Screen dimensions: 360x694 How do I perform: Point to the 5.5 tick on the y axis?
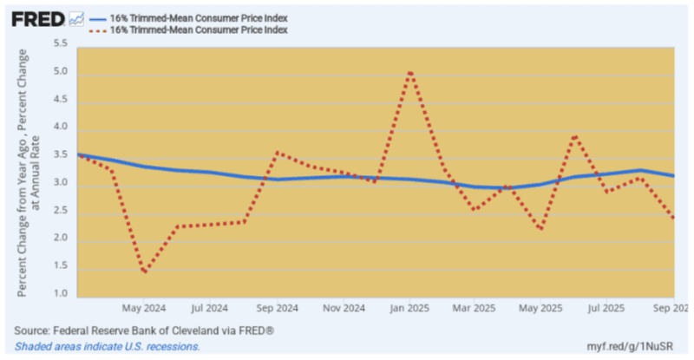pos(61,43)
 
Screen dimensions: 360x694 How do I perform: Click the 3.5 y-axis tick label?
pos(61,155)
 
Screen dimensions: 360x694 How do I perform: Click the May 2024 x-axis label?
pos(144,308)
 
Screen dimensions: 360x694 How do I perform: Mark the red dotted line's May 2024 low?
pos(143,272)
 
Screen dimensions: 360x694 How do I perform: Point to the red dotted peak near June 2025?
pos(574,136)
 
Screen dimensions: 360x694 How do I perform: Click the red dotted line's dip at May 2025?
pos(540,229)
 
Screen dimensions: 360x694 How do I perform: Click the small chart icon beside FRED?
pos(76,18)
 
